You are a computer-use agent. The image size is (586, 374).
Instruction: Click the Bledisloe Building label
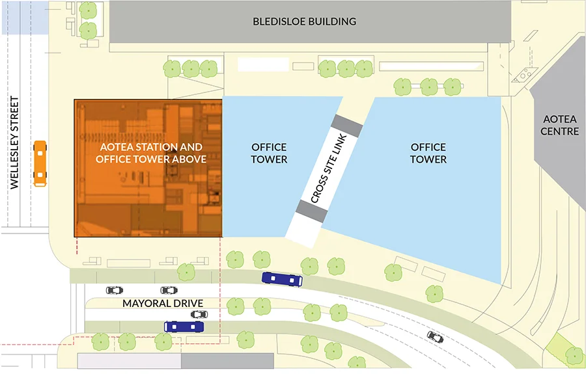pos(304,21)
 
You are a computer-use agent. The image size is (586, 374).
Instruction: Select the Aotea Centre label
pos(561,126)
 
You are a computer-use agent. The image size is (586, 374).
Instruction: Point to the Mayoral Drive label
pos(164,304)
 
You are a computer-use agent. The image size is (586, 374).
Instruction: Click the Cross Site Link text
pos(328,172)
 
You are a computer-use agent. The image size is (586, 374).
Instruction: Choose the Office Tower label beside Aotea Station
pos(269,154)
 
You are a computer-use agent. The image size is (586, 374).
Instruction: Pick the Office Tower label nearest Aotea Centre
pos(428,154)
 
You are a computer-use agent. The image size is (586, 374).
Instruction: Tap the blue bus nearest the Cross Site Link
pos(282,280)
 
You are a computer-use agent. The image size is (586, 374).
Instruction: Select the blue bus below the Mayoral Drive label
pos(185,327)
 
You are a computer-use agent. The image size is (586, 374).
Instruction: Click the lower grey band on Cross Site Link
pos(311,209)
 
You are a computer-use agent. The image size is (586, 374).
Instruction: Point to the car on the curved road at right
pos(435,337)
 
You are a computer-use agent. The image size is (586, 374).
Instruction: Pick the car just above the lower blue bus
pos(199,315)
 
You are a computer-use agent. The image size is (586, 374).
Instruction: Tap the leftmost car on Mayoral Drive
pos(114,290)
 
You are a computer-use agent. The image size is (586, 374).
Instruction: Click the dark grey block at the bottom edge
pos(227,361)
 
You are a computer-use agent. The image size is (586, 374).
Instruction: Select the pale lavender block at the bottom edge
pos(129,361)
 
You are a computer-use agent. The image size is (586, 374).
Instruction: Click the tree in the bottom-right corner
pos(574,355)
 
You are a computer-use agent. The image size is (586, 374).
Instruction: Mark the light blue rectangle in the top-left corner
pos(24,16)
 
